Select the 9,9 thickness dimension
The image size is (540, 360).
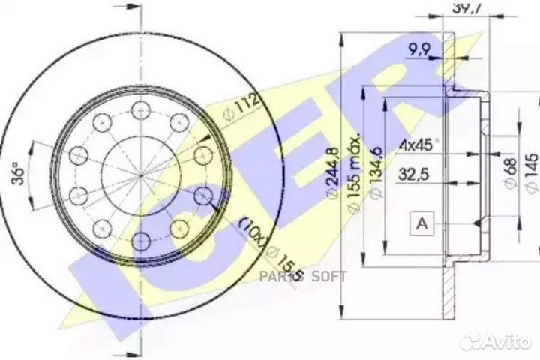click(x=420, y=51)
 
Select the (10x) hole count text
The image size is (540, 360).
click(x=250, y=233)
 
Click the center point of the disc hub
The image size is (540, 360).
click(x=141, y=175)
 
